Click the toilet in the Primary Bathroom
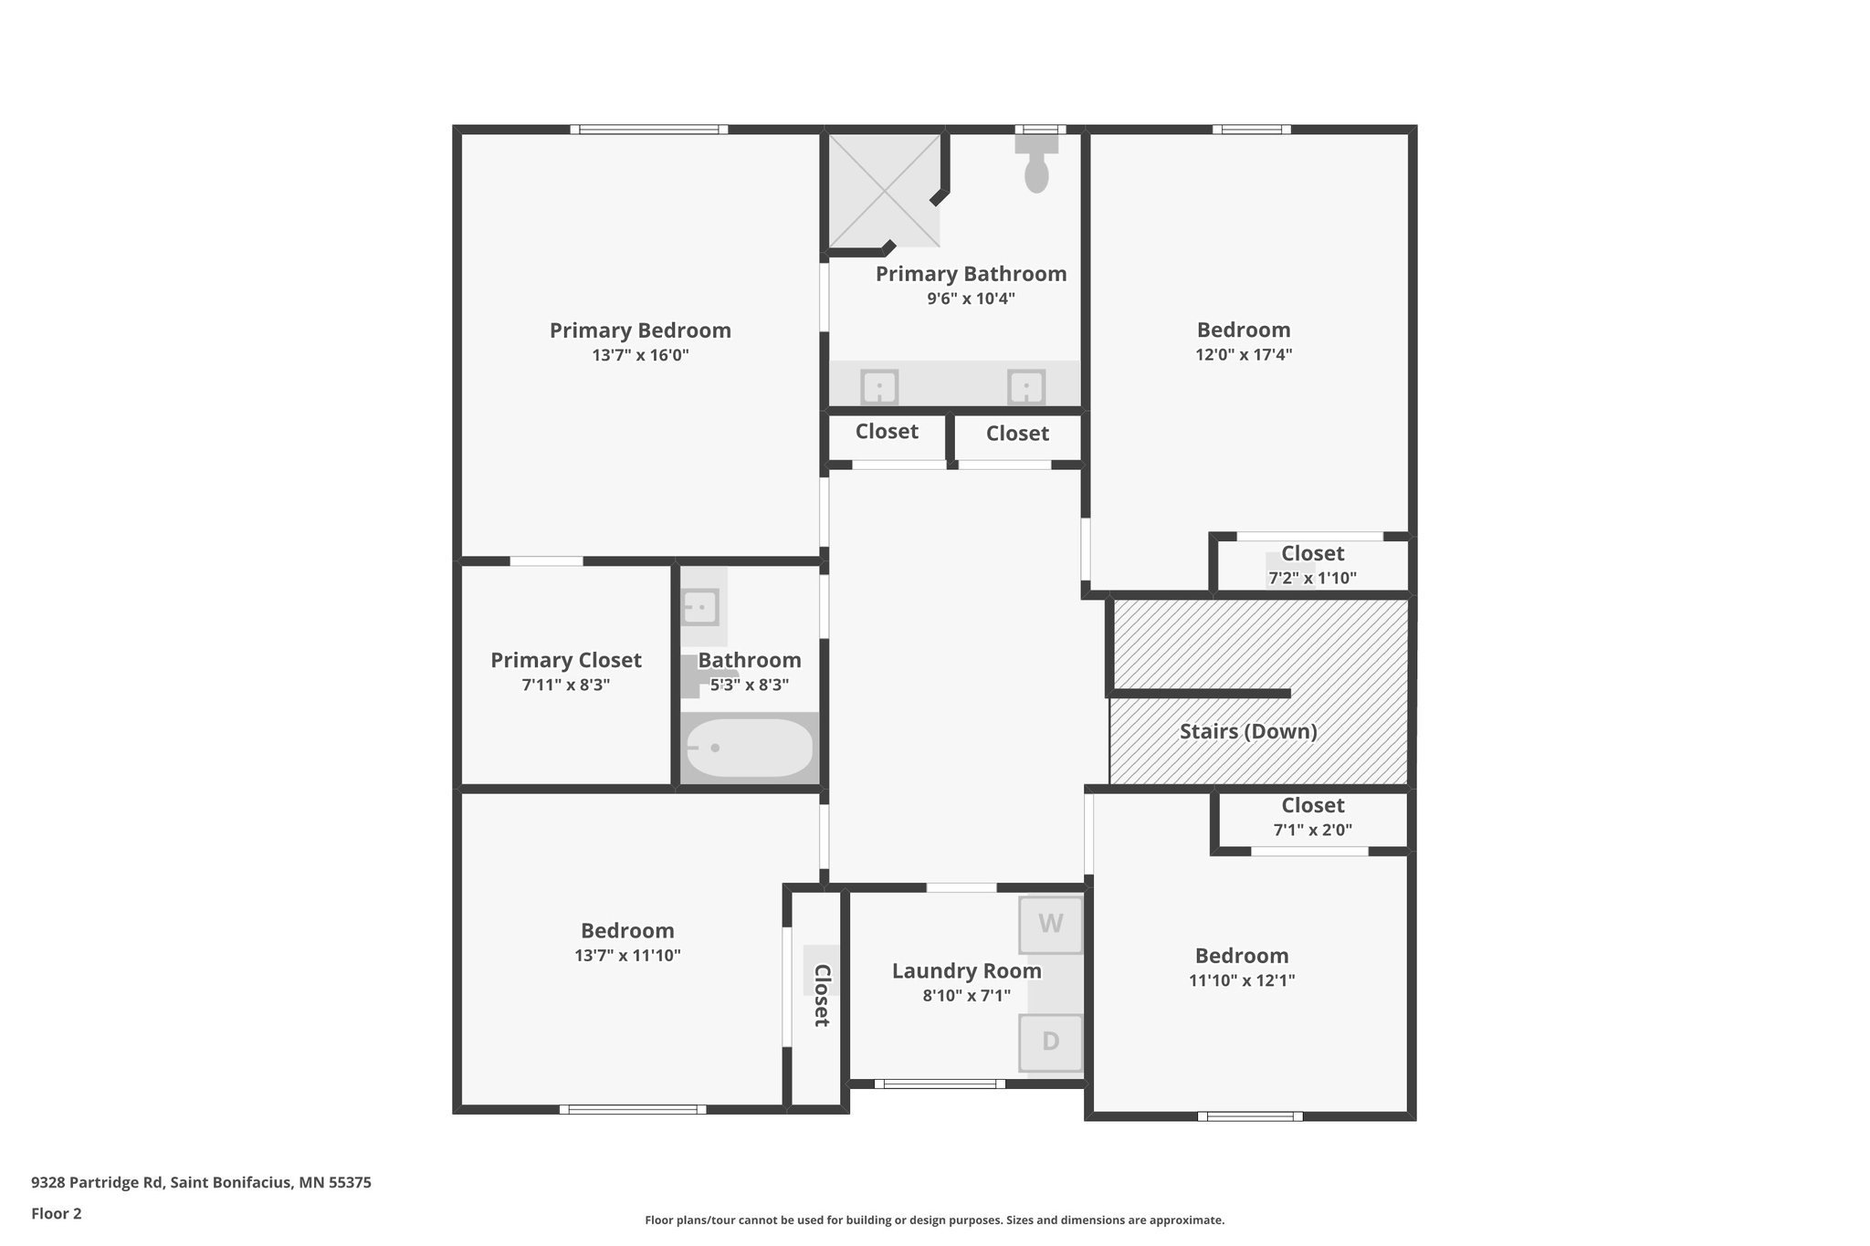pos(1036,163)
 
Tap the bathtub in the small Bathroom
pos(750,748)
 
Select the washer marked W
pos(1051,925)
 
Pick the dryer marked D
pos(1051,1042)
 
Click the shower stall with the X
pos(884,191)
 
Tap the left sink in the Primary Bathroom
pos(879,387)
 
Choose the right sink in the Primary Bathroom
pos(1026,387)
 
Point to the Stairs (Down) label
pos(1248,731)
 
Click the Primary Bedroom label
pos(640,330)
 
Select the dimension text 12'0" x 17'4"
pos(1244,354)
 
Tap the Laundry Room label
pos(967,971)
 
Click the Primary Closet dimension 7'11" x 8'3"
pos(566,685)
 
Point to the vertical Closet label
pos(822,995)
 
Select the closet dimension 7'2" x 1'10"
pos(1312,578)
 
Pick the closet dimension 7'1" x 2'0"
pos(1313,830)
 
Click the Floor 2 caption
pos(57,1213)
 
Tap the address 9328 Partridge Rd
pos(98,1182)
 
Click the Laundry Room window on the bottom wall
pos(940,1084)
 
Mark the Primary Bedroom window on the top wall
pos(649,130)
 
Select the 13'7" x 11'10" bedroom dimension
pos(627,956)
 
